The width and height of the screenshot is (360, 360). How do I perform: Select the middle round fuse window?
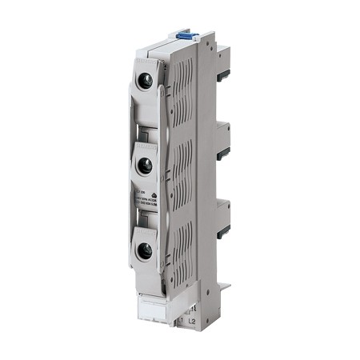[146, 166]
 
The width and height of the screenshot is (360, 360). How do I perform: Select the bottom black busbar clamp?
[225, 225]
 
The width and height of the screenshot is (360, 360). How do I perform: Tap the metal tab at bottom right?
[224, 284]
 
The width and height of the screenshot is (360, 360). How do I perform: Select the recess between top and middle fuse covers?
[146, 120]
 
